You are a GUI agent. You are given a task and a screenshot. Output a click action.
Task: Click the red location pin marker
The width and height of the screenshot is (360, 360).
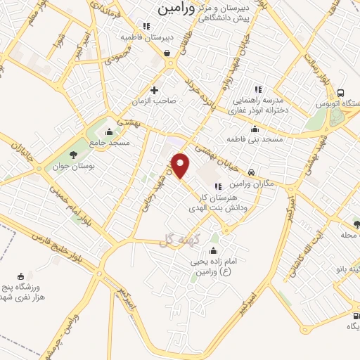point(181,165)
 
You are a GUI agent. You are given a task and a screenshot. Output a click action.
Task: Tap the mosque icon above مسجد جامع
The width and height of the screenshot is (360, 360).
point(108,132)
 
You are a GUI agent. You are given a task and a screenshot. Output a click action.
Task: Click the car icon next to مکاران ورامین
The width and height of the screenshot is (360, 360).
point(251,172)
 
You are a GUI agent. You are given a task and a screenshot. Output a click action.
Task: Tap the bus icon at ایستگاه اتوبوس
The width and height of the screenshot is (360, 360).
point(341,93)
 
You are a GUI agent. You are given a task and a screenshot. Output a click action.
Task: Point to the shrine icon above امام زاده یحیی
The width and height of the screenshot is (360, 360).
point(214,250)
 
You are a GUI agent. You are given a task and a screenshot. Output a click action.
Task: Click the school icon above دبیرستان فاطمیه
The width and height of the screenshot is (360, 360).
point(146,26)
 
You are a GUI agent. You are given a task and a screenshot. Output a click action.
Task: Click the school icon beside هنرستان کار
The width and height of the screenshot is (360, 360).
point(218,186)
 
